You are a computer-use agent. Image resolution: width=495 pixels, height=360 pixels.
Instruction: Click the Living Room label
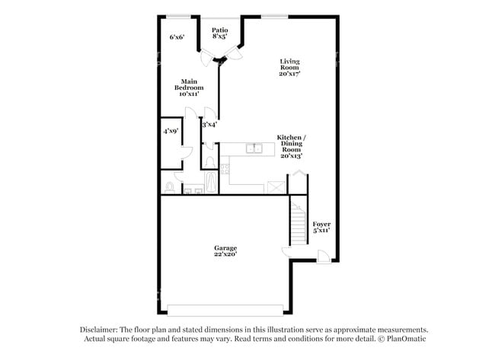point(289,68)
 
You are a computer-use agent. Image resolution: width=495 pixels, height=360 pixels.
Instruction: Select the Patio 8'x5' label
point(220,33)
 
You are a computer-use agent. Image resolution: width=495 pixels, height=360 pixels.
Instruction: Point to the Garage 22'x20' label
point(225,251)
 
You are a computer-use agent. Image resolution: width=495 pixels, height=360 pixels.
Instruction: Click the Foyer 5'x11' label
point(321,227)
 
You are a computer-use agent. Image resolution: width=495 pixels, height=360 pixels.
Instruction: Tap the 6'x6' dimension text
point(177,37)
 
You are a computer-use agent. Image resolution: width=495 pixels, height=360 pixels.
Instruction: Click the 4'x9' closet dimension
point(170,131)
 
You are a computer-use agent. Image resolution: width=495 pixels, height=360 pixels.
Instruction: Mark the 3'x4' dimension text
point(209,123)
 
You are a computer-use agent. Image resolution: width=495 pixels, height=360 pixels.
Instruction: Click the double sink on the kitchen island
point(254,148)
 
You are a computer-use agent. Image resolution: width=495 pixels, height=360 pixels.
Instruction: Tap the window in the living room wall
point(274,17)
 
